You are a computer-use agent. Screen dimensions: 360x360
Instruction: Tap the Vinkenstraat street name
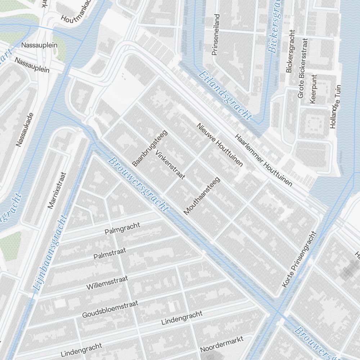click(170, 165)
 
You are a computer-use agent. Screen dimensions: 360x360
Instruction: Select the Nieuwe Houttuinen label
click(220, 144)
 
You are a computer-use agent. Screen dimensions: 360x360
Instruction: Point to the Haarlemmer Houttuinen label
click(263, 160)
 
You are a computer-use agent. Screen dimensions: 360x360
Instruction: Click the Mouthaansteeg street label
click(202, 196)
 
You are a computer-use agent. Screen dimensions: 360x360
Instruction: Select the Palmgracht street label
click(122, 228)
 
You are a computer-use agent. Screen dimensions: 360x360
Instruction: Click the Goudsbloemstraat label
click(110, 310)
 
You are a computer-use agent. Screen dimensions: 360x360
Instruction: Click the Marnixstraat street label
click(57, 190)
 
